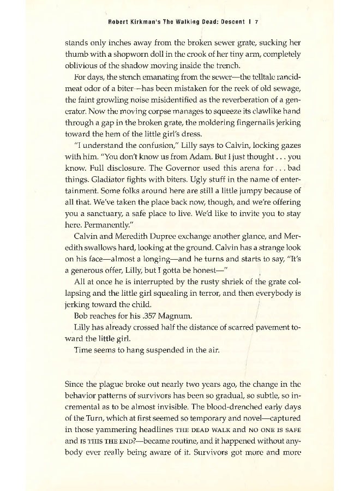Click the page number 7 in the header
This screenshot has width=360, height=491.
pos(255,22)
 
